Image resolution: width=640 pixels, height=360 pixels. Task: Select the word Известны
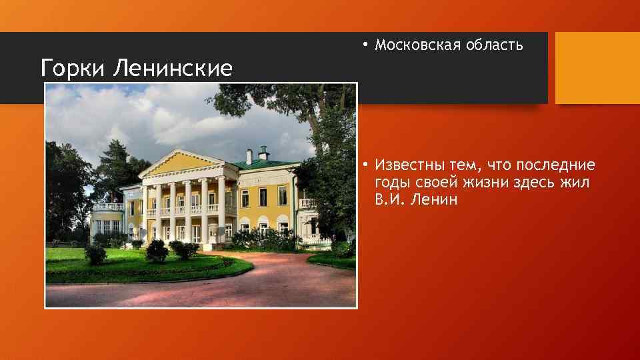pos(409,165)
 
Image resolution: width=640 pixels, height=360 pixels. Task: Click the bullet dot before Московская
pos(365,45)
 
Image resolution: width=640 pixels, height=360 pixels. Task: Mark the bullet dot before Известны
pos(365,165)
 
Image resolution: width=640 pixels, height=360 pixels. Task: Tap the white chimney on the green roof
pos(249,157)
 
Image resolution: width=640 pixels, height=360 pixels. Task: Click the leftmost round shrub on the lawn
pos(95,253)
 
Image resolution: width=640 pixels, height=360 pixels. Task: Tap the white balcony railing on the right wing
pos(307,203)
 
